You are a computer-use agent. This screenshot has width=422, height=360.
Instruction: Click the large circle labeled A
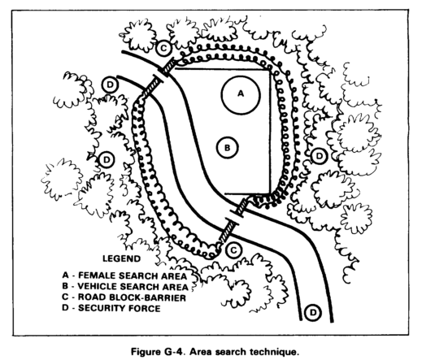[241, 94]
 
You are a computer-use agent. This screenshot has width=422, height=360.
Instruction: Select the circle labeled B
[228, 148]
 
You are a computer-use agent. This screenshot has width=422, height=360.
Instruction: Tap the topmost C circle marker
[163, 48]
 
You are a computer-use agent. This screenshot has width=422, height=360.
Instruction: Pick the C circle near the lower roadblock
[233, 250]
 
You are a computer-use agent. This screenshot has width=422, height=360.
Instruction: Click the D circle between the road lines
[313, 313]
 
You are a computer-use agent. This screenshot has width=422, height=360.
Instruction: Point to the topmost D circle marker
[110, 85]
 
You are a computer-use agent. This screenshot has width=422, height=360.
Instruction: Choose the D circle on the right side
[320, 156]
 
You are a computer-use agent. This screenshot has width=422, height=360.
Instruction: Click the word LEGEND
[121, 258]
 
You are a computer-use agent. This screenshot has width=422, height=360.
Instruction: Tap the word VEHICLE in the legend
[97, 286]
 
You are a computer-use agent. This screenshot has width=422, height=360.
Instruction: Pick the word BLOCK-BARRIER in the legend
[147, 297]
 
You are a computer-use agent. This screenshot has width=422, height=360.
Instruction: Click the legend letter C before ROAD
[65, 297]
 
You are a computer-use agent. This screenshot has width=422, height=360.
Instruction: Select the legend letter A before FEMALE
[65, 275]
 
